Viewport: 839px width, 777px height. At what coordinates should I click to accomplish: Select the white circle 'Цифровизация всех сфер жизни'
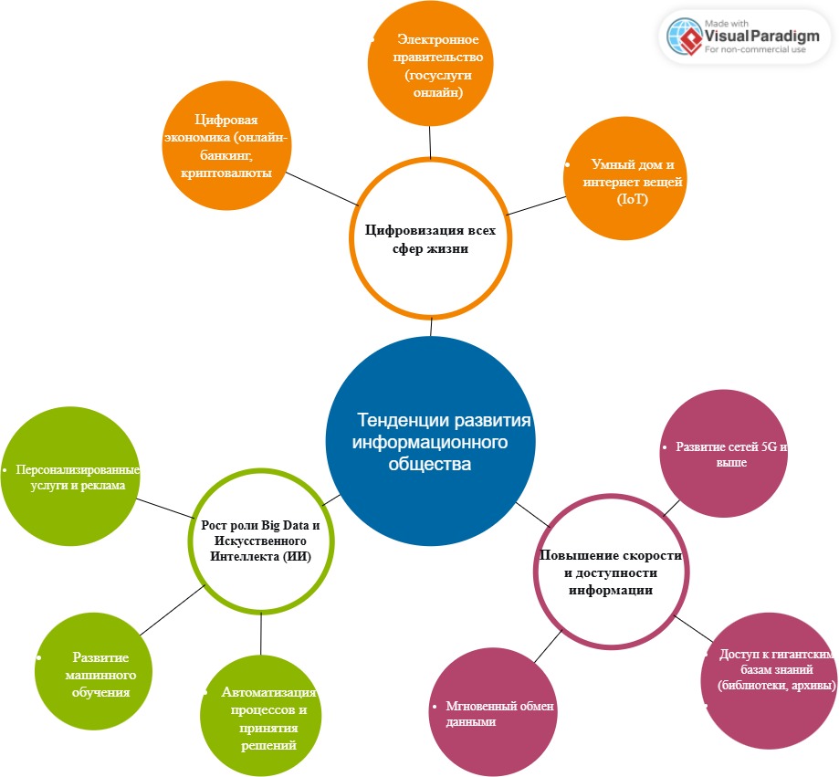(x=431, y=236)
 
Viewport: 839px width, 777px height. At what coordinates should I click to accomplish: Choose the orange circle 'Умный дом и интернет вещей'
(x=624, y=183)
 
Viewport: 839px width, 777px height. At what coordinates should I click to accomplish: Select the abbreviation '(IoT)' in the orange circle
(x=631, y=199)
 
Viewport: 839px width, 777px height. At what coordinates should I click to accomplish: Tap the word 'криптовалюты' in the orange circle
(x=226, y=173)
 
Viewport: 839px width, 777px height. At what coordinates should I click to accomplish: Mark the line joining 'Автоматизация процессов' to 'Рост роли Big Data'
(x=261, y=634)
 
